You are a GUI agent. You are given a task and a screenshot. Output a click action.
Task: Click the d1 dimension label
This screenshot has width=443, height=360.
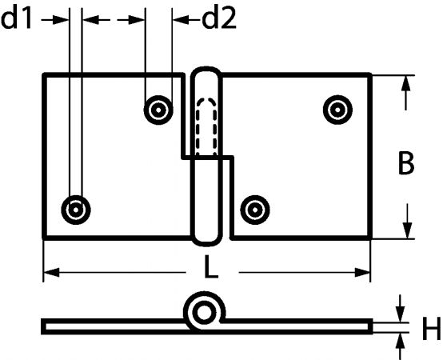16,19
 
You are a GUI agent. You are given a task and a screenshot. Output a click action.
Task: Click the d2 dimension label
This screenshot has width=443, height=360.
219,19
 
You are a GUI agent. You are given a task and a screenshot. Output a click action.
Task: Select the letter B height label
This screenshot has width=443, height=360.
406,163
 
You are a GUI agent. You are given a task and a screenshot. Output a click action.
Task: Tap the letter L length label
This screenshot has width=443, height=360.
211,266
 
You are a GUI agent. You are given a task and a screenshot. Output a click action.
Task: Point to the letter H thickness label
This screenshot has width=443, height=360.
432,328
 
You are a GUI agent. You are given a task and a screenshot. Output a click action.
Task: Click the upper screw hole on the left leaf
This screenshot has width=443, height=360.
158,110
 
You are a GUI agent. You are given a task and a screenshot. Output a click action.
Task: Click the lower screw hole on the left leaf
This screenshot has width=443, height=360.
76,210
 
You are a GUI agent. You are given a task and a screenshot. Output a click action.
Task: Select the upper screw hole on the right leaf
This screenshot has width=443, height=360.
337,110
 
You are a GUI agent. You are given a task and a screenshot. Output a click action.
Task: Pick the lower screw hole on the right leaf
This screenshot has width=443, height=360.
255,210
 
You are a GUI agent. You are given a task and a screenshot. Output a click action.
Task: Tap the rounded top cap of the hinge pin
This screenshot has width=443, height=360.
206,68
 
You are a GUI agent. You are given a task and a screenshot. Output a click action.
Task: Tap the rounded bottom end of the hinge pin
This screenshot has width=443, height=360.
206,243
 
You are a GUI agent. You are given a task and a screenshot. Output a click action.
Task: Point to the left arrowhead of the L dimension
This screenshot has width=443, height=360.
51,273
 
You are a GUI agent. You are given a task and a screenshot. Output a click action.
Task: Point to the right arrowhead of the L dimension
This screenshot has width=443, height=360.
362,273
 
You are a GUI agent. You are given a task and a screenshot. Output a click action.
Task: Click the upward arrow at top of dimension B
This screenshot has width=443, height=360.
406,94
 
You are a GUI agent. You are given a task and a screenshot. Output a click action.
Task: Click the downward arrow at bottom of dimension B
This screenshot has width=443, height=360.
407,222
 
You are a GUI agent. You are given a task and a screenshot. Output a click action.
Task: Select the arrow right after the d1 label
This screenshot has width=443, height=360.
55,20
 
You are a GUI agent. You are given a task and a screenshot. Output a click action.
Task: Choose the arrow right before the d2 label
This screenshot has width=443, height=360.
187,20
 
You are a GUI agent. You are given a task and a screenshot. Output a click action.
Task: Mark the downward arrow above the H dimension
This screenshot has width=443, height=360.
400,309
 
